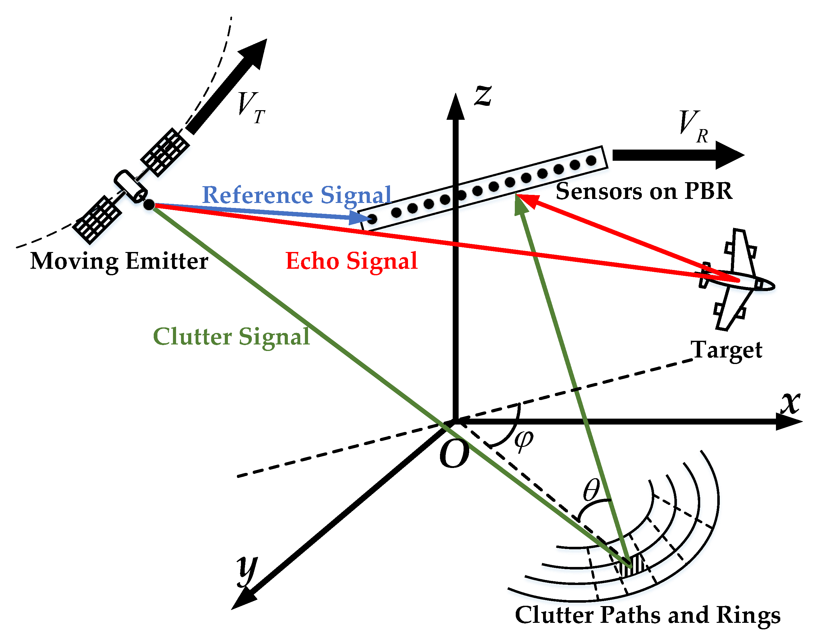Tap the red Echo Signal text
tap(351, 261)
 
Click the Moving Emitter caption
tap(119, 261)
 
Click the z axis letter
tap(483, 95)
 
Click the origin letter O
tap(454, 454)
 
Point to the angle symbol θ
tap(591, 490)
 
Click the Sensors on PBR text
tap(644, 191)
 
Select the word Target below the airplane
tap(726, 350)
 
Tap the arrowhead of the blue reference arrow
tap(362, 218)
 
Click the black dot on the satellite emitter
tap(149, 205)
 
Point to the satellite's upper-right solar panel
tap(165, 152)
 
